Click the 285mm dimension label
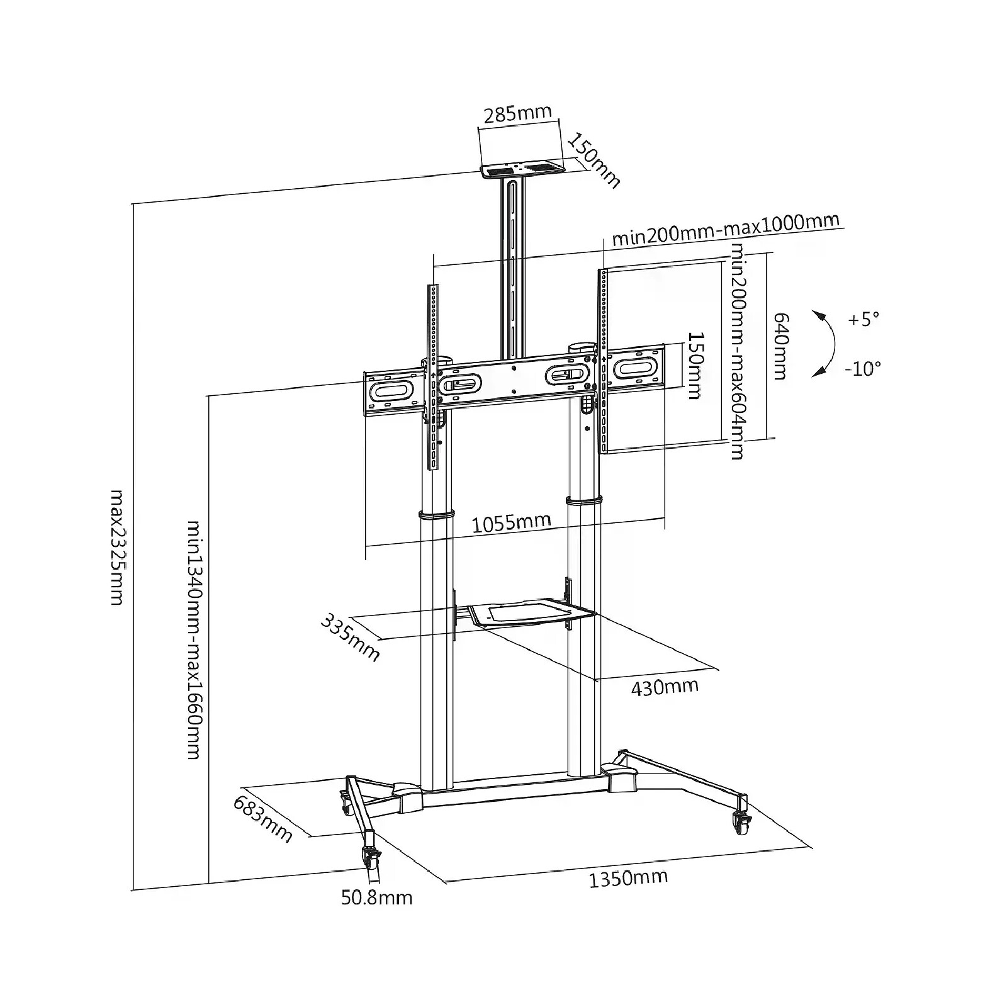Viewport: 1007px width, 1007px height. point(517,113)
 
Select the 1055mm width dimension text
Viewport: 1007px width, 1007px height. point(511,522)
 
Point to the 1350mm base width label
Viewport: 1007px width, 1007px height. point(628,877)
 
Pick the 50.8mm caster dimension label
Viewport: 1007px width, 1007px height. point(377,897)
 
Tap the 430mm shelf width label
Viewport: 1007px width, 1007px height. point(665,687)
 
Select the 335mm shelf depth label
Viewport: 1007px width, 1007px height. point(351,637)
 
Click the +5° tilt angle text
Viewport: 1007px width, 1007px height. point(863,319)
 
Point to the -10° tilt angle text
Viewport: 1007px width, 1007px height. point(863,368)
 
